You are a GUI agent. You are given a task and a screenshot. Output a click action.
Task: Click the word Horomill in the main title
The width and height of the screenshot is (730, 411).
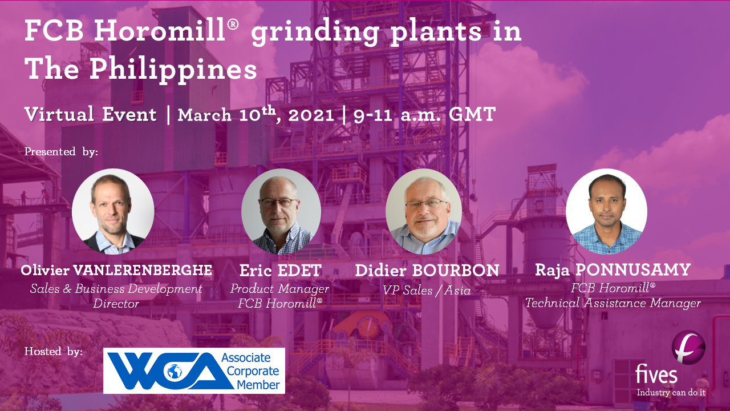(160, 30)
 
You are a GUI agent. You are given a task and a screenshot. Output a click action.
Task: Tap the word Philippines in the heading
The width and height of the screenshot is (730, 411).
(173, 70)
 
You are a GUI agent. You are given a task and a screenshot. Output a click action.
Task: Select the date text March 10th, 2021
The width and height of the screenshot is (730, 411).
(256, 114)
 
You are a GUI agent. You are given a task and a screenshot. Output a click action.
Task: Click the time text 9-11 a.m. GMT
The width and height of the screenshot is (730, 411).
(425, 115)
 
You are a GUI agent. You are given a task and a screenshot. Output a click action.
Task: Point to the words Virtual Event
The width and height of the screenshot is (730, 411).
(91, 114)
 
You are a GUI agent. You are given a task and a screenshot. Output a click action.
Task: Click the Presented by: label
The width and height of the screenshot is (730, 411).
(61, 152)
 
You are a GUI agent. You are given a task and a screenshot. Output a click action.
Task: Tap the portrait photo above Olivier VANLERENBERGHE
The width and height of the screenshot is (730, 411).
(113, 211)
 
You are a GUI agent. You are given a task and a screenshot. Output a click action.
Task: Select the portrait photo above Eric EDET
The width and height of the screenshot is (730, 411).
(281, 211)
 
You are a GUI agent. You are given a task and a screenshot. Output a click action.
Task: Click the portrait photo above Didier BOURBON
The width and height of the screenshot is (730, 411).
(424, 211)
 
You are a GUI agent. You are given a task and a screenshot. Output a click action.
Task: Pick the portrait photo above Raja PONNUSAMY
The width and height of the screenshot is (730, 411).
(606, 211)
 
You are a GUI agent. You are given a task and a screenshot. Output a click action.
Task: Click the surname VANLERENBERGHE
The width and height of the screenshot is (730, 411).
(143, 270)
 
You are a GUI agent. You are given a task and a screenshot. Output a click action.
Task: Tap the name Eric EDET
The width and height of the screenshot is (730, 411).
(281, 271)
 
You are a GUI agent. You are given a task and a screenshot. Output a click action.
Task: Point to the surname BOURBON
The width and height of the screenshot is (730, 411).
(456, 271)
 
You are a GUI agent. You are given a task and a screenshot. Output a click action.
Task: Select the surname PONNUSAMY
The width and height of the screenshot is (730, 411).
(633, 270)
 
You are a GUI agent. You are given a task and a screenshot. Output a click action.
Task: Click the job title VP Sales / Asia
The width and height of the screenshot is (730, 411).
(427, 291)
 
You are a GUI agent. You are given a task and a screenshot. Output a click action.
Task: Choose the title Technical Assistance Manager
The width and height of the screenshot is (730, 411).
(613, 303)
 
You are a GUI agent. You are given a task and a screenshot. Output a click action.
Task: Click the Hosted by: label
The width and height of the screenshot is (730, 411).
(54, 351)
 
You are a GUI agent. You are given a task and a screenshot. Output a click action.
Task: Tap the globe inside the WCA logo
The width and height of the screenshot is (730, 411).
(175, 371)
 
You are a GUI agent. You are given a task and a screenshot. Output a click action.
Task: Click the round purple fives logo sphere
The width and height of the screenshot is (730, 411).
(688, 347)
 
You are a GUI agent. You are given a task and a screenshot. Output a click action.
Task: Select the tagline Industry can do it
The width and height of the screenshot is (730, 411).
(671, 392)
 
